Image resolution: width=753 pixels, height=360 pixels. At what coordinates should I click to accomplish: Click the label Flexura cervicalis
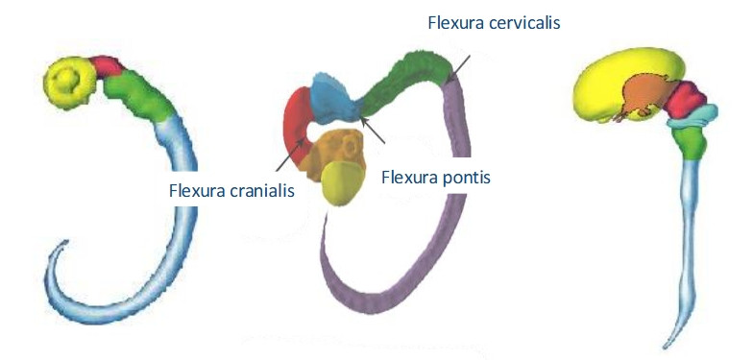(x=494, y=23)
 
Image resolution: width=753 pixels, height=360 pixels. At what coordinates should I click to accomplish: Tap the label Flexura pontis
(x=436, y=178)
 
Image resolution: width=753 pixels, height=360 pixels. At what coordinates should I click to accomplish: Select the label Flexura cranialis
(x=231, y=190)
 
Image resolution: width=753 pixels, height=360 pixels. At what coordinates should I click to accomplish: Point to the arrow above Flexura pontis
(x=373, y=131)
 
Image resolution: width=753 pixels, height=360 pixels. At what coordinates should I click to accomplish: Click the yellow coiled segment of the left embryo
(x=70, y=83)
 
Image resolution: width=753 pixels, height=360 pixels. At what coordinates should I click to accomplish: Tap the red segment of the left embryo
(x=107, y=66)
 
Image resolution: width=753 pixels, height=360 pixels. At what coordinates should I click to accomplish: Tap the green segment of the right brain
(x=690, y=142)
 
